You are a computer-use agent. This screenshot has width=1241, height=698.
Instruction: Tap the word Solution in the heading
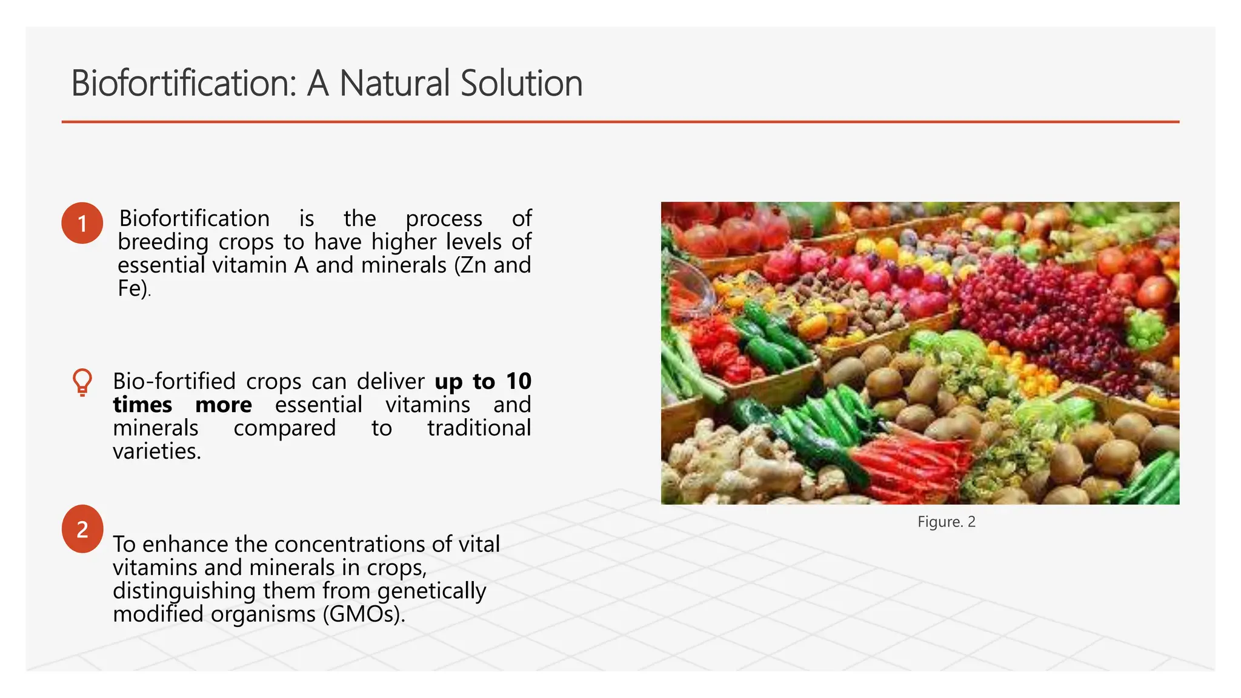coord(521,83)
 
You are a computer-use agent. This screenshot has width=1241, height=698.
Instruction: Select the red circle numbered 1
coord(82,224)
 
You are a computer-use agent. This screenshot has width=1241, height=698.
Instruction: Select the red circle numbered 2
coord(82,529)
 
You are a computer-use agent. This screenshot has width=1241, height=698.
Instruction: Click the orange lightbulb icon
coord(82,382)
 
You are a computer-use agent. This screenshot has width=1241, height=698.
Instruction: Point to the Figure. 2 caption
coord(946,522)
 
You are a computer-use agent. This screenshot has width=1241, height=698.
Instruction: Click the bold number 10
coord(519,382)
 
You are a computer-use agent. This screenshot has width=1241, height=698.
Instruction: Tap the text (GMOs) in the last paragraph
coord(364,614)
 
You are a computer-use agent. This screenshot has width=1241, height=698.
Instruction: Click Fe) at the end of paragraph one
coord(133,288)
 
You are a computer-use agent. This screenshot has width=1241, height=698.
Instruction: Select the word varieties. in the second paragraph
coord(157,451)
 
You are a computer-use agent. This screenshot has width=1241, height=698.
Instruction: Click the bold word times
coord(142,405)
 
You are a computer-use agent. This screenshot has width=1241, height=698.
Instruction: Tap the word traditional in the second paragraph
coord(479,428)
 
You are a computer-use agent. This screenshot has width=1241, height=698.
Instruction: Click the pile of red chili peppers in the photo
coord(909,467)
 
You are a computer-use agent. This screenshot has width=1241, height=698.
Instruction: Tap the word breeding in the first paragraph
coord(163,242)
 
